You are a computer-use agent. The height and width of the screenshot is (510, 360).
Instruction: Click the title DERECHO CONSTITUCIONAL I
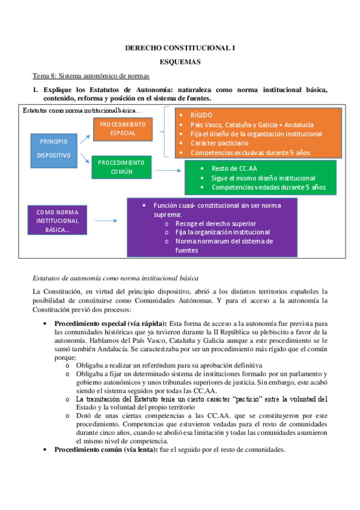pos(180,48)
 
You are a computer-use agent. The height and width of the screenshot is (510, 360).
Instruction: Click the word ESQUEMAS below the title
pos(180,61)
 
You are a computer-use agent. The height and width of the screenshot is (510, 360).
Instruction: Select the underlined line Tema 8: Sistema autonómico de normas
pos(91,76)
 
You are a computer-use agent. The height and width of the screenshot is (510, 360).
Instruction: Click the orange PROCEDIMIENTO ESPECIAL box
pos(123,128)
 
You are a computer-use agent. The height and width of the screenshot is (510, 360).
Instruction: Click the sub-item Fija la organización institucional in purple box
pos(222,232)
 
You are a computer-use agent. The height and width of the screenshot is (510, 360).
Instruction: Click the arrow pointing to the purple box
pos(106,220)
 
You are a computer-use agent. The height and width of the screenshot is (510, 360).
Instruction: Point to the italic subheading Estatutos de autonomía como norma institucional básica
pos(115,278)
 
